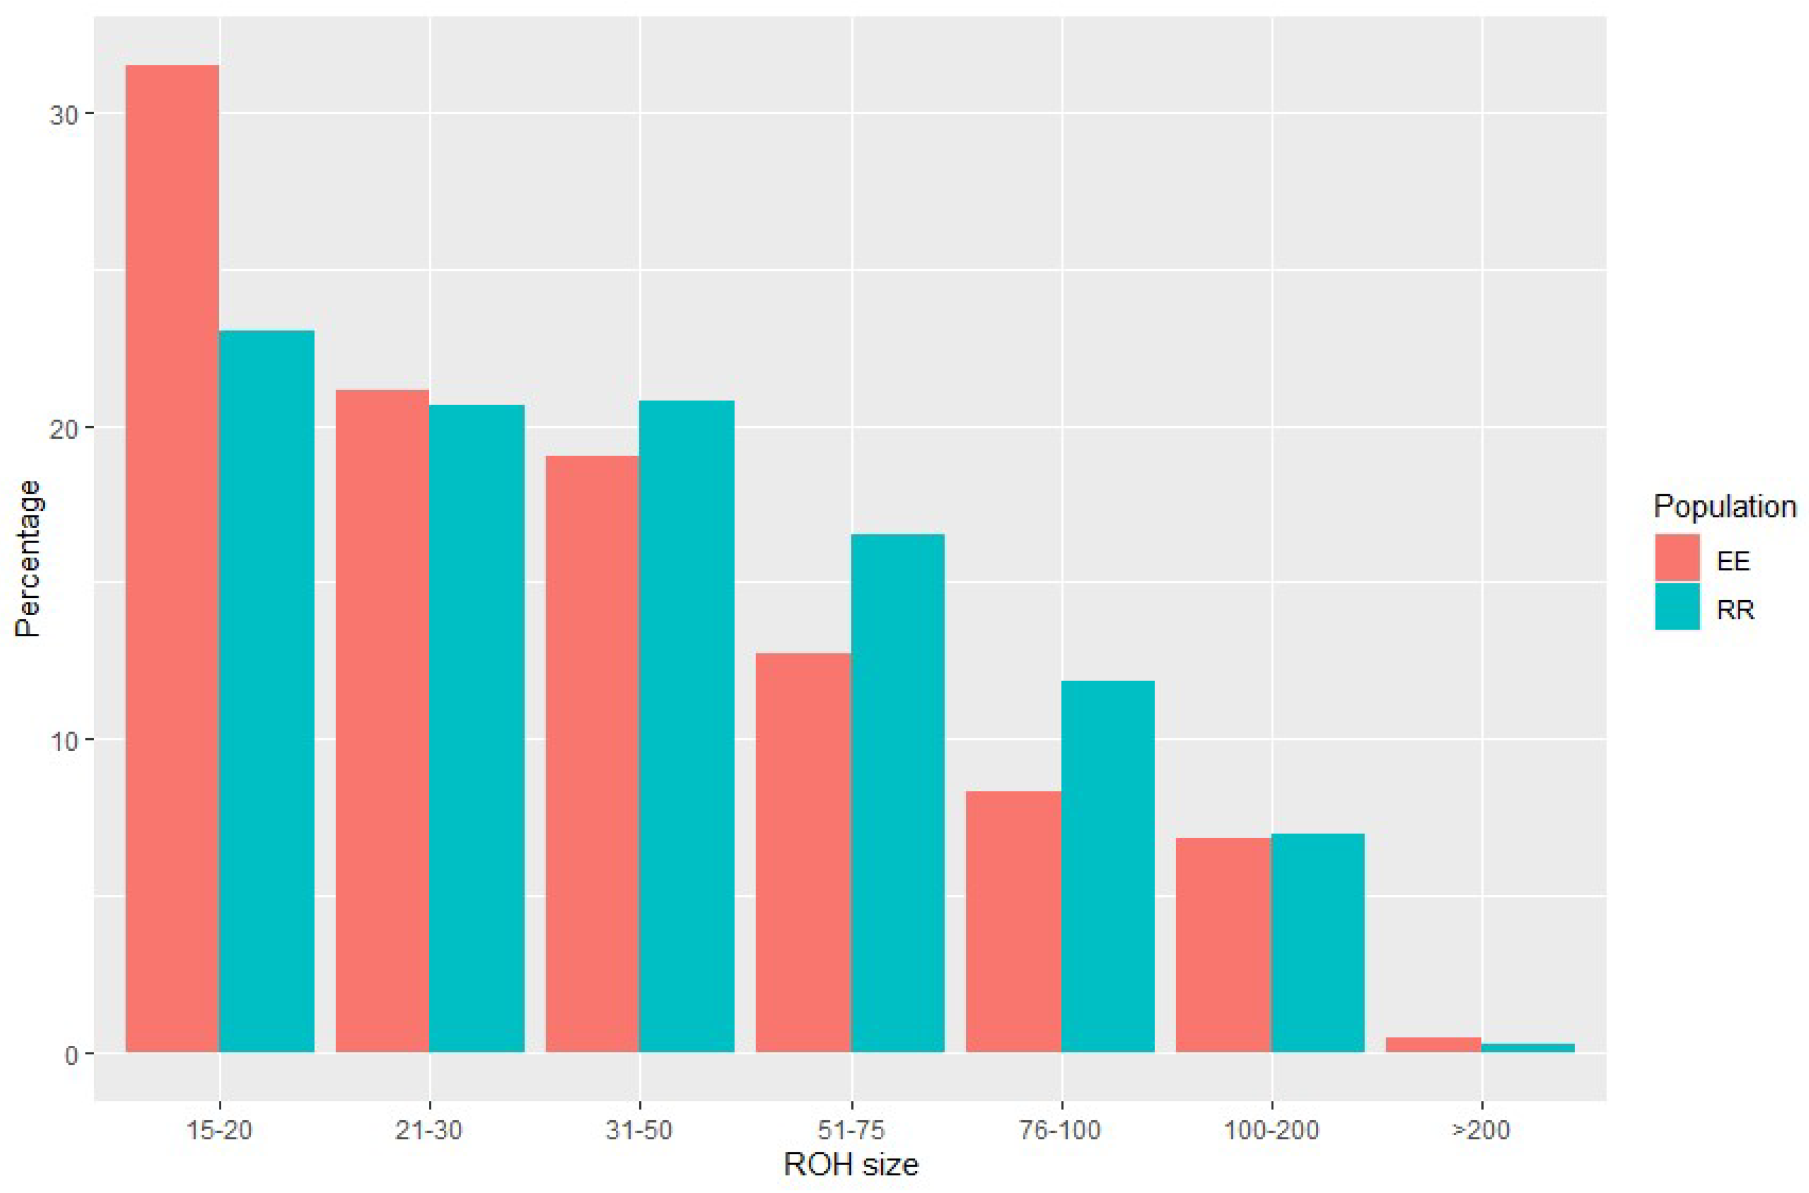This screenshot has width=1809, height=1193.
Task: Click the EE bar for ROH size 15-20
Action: (x=172, y=558)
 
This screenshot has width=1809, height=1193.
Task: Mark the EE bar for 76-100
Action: (x=1013, y=922)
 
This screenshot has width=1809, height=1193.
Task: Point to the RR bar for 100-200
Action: (x=1318, y=943)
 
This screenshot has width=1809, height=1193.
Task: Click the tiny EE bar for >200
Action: (x=1433, y=1045)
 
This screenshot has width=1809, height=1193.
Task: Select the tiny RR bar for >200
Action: (x=1527, y=1048)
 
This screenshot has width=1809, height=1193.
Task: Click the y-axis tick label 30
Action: (x=64, y=114)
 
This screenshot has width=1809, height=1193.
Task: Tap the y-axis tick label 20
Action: (x=64, y=428)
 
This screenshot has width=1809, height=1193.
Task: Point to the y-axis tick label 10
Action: (x=64, y=741)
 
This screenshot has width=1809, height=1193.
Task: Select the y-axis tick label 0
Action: (x=72, y=1054)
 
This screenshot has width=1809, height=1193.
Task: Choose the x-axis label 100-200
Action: (x=1271, y=1130)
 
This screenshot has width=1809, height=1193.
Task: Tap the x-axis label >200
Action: (x=1481, y=1130)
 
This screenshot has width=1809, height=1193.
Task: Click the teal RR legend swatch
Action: (x=1677, y=607)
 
